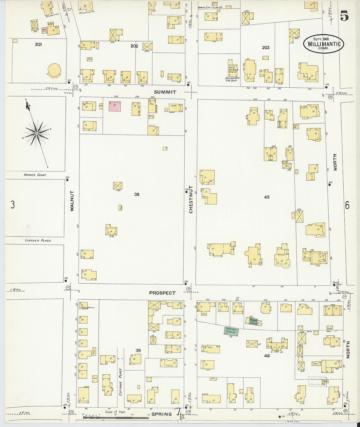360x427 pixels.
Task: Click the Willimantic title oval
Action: pyautogui.click(x=323, y=44)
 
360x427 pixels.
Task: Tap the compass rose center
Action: pyautogui.click(x=37, y=133)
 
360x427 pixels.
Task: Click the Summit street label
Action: pyautogui.click(x=165, y=92)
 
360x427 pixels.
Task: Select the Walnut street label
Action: pyautogui.click(x=72, y=201)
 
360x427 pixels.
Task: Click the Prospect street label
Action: pyautogui.click(x=162, y=293)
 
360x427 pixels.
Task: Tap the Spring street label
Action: pyautogui.click(x=162, y=414)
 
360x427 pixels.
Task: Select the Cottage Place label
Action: pyautogui.click(x=120, y=382)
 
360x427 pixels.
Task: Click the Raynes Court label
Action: pyautogui.click(x=35, y=175)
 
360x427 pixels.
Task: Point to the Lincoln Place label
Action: pyautogui.click(x=38, y=240)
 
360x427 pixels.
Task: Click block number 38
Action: pyautogui.click(x=137, y=194)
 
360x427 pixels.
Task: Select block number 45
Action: pyautogui.click(x=267, y=197)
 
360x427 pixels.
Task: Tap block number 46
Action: pyautogui.click(x=267, y=355)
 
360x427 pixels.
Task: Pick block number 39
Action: pyautogui.click(x=138, y=350)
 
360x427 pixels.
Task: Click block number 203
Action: pyautogui.click(x=265, y=47)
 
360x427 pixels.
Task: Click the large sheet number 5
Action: pyautogui.click(x=344, y=16)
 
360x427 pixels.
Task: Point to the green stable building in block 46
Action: pyautogui.click(x=231, y=331)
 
